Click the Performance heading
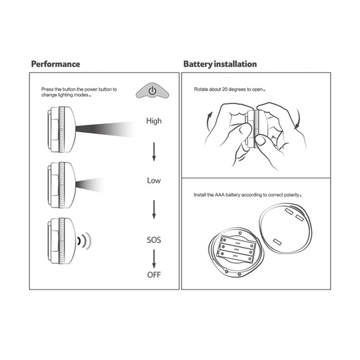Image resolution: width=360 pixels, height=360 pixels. [x=55, y=64]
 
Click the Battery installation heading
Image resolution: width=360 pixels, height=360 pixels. [x=220, y=64]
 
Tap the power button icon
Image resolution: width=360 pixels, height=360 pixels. [x=153, y=91]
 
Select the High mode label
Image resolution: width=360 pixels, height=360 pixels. [x=154, y=121]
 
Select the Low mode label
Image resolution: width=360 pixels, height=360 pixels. [x=154, y=180]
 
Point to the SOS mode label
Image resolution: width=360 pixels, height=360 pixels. [x=154, y=240]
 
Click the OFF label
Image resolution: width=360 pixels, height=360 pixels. [x=154, y=274]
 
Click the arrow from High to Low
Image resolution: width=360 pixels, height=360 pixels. [x=154, y=152]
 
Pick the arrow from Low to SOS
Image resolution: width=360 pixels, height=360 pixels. [x=154, y=210]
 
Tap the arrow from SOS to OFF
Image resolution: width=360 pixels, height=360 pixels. [x=154, y=259]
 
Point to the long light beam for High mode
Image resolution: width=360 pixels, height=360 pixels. [x=104, y=129]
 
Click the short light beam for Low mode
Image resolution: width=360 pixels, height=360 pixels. [x=90, y=184]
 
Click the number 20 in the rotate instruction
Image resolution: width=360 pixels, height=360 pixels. [x=225, y=89]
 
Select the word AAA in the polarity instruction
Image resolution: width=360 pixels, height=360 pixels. [x=220, y=195]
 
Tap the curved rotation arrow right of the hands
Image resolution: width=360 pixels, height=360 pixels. [x=298, y=118]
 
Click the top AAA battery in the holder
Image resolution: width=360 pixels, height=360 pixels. [x=238, y=243]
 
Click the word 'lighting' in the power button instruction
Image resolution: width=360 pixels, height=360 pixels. [x=65, y=95]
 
